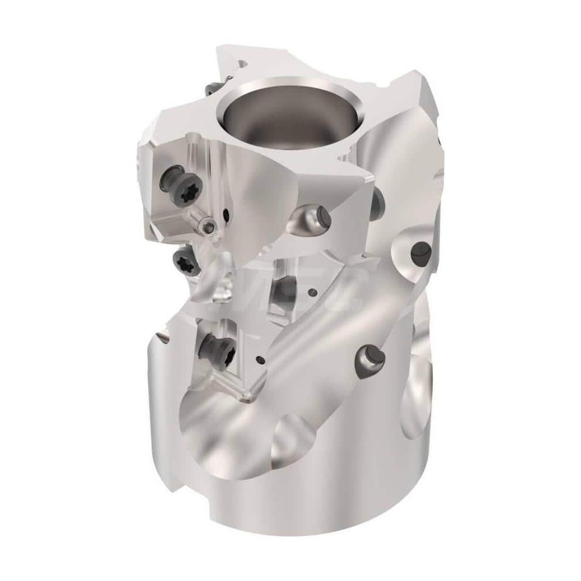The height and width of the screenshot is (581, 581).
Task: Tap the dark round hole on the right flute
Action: (421, 251)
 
